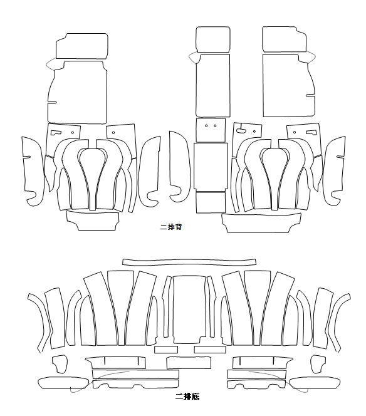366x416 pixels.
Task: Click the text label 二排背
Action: pos(171,227)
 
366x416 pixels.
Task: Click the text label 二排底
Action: pos(187,397)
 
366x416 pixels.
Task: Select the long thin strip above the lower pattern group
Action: pos(189,262)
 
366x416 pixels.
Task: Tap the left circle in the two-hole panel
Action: pos(206,126)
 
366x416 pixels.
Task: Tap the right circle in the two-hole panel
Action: pos(215,126)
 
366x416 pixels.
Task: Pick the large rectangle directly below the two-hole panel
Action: pos(211,167)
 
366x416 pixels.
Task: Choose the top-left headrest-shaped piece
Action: pos(81,46)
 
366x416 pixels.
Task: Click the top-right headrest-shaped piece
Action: pos(284,39)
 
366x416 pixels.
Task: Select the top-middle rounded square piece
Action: pos(213,39)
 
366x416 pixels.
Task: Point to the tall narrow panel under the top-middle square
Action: pos(213,85)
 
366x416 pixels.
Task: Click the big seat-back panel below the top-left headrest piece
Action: pos(77,92)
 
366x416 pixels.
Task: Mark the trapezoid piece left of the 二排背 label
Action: pos(93,221)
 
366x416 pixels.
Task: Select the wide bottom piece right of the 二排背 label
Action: pos(261,223)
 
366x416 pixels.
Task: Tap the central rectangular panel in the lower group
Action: pos(189,309)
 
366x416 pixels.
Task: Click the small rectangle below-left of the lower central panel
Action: pos(166,350)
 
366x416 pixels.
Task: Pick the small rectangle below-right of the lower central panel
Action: pos(210,350)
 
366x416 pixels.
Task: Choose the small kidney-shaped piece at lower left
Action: pos(60,364)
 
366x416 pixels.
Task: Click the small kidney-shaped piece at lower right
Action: pos(318,364)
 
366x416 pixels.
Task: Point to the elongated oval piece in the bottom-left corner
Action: pos(63,383)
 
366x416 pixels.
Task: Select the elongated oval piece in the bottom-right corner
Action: pos(315,383)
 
